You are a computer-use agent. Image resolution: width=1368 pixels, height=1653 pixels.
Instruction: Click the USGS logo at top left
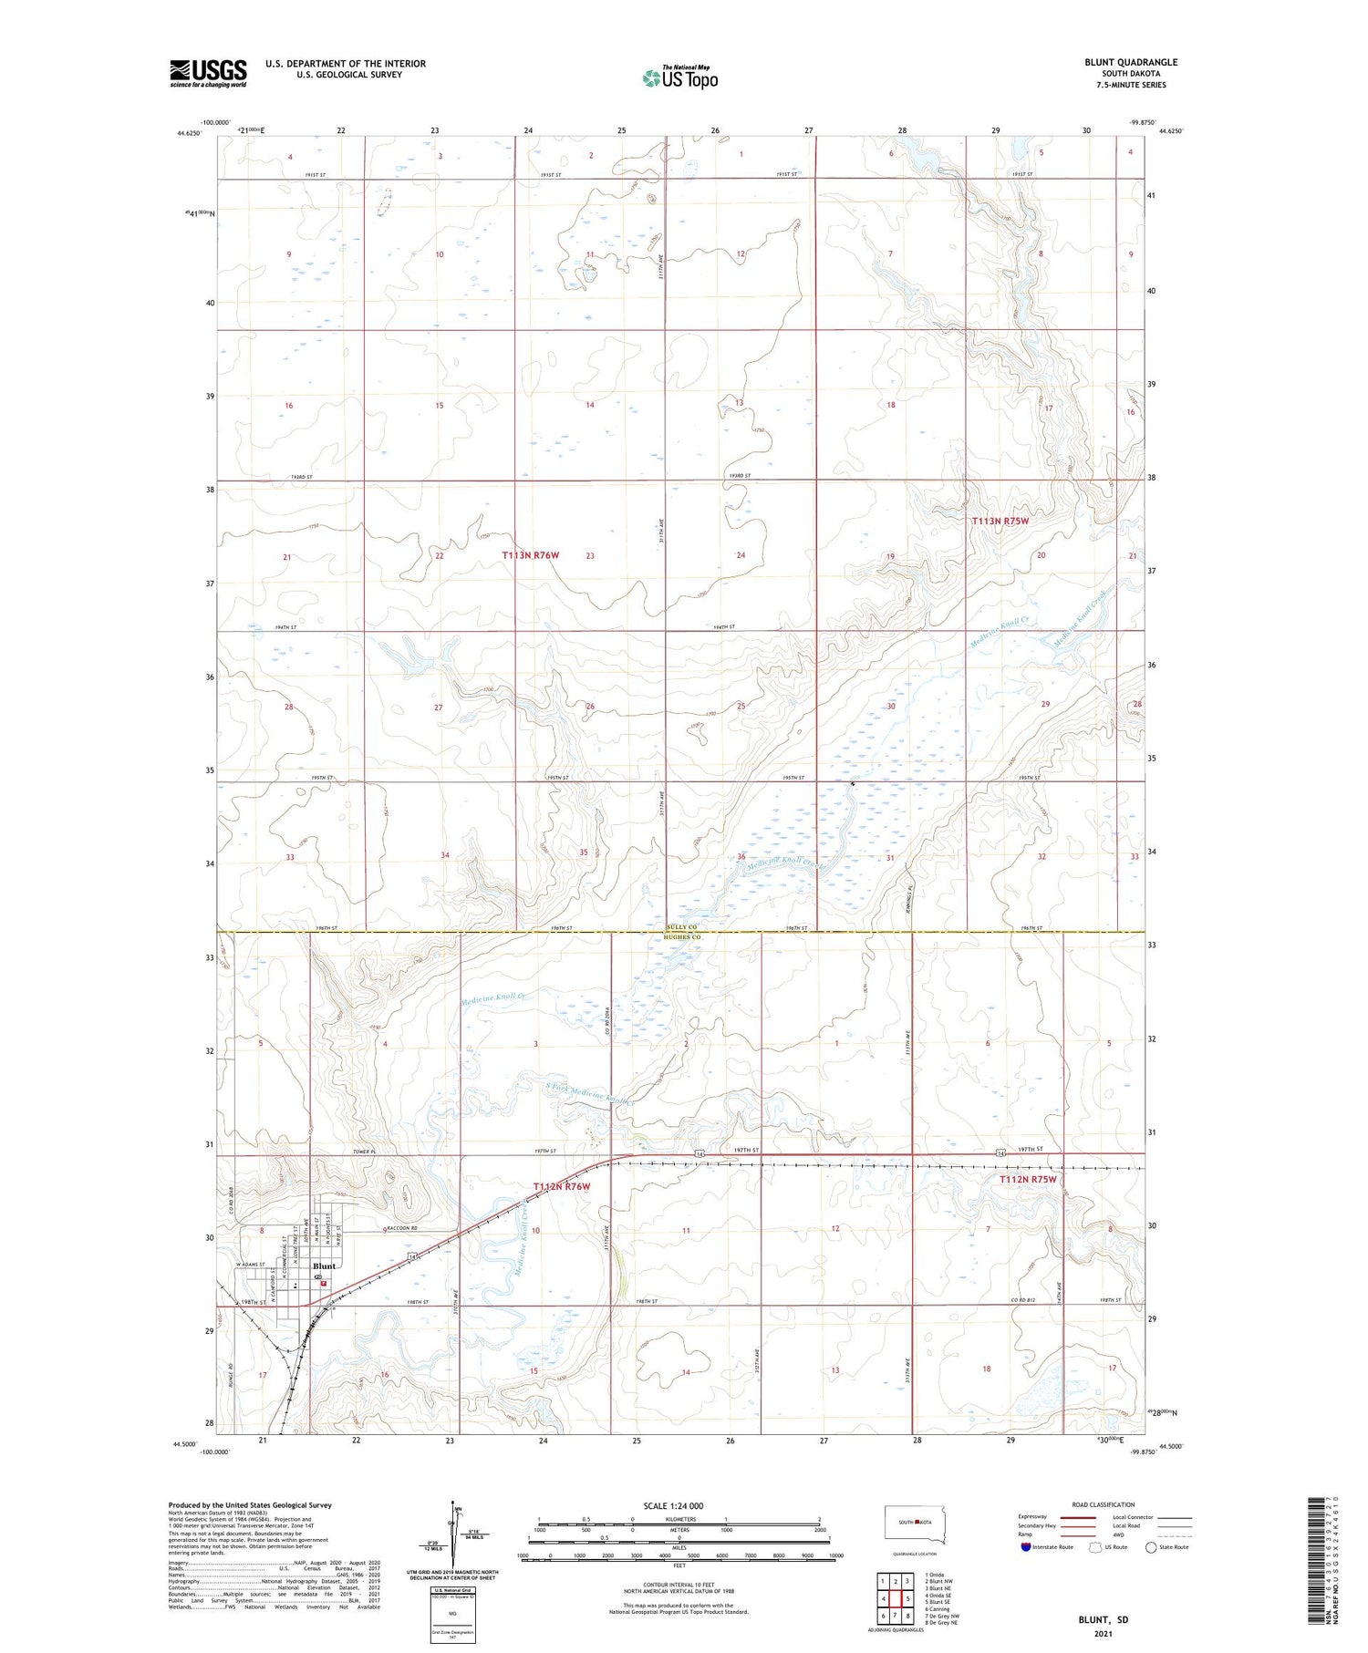pyautogui.click(x=208, y=73)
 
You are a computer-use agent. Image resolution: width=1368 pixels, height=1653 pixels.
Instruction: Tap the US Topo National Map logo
pyautogui.click(x=679, y=77)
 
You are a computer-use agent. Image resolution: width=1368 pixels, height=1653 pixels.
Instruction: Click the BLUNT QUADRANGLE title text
pyautogui.click(x=1131, y=62)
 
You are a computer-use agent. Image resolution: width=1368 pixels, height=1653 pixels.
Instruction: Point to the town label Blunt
pyautogui.click(x=324, y=1266)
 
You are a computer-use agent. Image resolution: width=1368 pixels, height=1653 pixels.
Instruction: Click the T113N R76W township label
pyautogui.click(x=530, y=554)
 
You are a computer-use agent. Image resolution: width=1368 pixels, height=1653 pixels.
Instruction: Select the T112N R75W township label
pyautogui.click(x=1027, y=1179)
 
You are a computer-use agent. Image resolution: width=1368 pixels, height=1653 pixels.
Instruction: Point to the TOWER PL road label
pyautogui.click(x=262, y=1152)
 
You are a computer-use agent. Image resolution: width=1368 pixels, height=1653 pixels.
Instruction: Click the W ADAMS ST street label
pyautogui.click(x=249, y=1265)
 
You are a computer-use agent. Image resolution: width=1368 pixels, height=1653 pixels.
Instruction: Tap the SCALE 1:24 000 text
pyautogui.click(x=673, y=1505)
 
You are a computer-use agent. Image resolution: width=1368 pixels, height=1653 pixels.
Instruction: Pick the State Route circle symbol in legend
pyautogui.click(x=1151, y=1546)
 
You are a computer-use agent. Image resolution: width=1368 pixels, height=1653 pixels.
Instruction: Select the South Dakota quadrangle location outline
pyautogui.click(x=915, y=1523)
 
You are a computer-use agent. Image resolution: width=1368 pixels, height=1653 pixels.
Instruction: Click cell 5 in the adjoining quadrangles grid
pyautogui.click(x=908, y=1598)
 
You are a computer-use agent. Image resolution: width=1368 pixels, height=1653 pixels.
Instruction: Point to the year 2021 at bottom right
pyautogui.click(x=1102, y=1632)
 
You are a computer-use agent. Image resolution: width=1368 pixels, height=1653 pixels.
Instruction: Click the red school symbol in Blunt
pyautogui.click(x=323, y=1283)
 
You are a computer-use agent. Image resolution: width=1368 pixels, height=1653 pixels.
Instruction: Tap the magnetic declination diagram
pyautogui.click(x=454, y=1532)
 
